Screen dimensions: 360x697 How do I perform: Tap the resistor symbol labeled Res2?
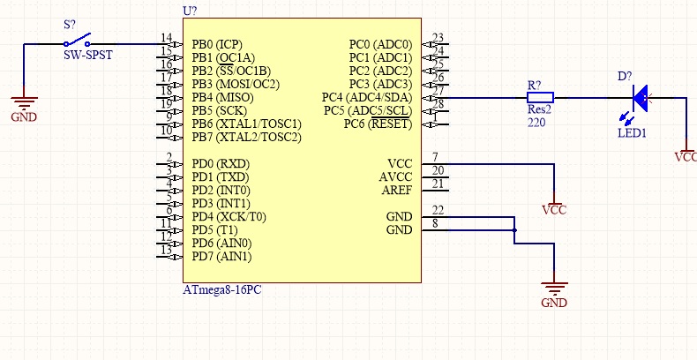click(540, 97)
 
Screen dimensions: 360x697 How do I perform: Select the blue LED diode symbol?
click(641, 97)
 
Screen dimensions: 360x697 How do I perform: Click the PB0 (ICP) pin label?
click(217, 44)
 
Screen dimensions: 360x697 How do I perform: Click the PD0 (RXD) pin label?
click(221, 163)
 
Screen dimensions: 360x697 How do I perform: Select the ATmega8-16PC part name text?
click(221, 289)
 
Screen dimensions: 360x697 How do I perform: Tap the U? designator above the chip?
click(189, 11)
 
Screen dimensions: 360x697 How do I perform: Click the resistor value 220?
click(537, 124)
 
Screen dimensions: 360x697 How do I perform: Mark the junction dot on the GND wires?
click(514, 230)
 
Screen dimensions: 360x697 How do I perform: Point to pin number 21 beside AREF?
click(438, 184)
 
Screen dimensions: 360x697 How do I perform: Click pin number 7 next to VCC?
click(435, 157)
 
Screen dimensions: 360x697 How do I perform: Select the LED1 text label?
click(632, 133)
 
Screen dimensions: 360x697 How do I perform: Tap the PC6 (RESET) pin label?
click(378, 124)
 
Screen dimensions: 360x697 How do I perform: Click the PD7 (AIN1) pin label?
click(221, 257)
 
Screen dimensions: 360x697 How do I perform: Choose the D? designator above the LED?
click(625, 77)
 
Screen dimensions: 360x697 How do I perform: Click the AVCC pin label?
click(393, 176)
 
